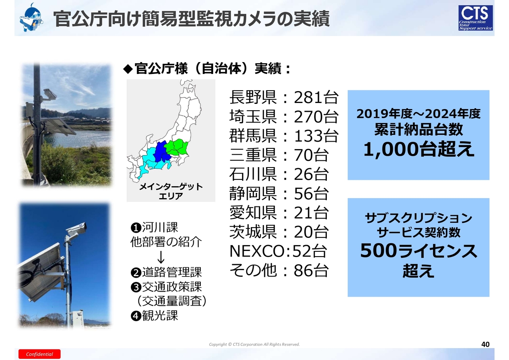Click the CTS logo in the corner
point(475,18)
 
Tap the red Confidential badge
point(39,354)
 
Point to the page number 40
point(485,344)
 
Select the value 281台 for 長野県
point(316,97)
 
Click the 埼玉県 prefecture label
point(253,117)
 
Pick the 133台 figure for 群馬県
point(316,136)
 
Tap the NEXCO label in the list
point(258,251)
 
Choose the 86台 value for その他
point(311,270)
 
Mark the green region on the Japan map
point(177,147)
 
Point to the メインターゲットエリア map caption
point(171,191)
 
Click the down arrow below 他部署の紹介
point(161,257)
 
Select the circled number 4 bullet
point(136,316)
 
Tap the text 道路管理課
point(172,272)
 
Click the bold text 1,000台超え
point(419,149)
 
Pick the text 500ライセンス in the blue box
point(419,251)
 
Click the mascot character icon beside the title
point(31,18)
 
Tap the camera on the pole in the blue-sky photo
point(76,230)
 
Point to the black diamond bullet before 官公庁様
point(128,69)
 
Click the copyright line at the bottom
point(254,344)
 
